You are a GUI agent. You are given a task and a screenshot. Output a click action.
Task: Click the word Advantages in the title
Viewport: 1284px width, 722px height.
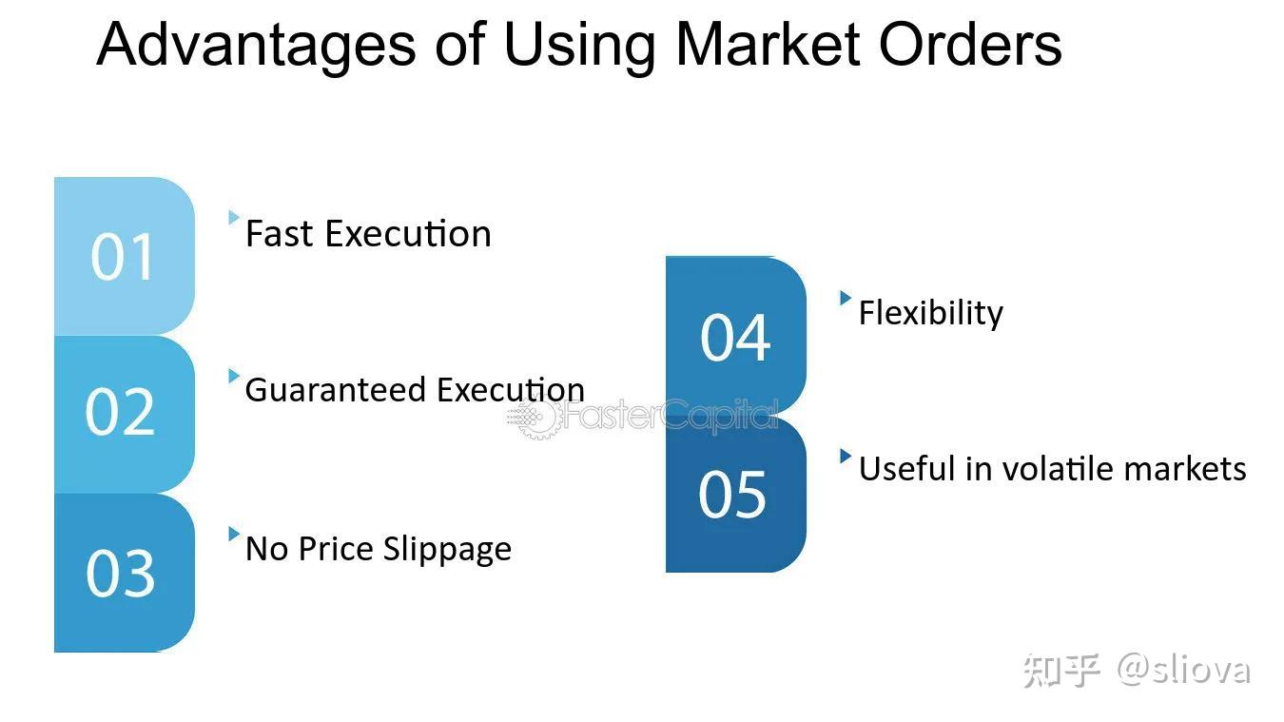[256, 45]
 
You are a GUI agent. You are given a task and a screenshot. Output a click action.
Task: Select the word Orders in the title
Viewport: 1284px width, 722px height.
[970, 45]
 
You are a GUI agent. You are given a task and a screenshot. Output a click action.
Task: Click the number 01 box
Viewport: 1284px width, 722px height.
[124, 256]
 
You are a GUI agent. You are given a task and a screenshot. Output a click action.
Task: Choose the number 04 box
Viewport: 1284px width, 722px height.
[735, 337]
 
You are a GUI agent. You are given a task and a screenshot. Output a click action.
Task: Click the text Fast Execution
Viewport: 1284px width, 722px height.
[368, 234]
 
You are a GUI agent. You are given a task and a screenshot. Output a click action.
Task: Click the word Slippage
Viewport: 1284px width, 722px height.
[447, 549]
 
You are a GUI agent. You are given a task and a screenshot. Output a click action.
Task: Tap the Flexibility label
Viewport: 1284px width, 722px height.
[930, 313]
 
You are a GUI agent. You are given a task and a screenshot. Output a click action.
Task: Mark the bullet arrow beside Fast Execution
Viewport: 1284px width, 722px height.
[233, 218]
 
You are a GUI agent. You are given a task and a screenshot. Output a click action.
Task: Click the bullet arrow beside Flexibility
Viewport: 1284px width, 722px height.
[845, 298]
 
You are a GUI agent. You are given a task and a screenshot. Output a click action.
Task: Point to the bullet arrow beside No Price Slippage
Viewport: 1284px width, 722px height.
[233, 534]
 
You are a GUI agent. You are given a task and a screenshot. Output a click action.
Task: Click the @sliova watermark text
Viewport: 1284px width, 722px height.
[1184, 670]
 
